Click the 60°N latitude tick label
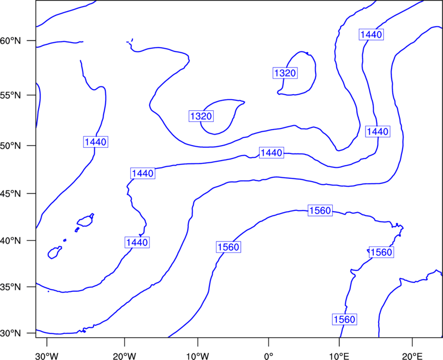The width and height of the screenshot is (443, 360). point(11,41)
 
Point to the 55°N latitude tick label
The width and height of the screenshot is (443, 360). point(11,95)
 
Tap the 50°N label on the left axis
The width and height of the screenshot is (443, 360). point(11,146)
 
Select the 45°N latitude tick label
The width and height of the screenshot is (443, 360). point(11,194)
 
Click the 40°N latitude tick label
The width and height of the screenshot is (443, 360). point(11,241)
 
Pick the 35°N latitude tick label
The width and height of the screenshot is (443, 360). point(11,287)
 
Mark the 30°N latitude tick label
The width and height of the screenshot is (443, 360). point(11,333)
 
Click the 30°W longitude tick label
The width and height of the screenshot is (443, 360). point(47,356)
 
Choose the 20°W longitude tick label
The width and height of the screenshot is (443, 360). point(125,356)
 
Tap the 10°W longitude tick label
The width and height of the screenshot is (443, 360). point(198,356)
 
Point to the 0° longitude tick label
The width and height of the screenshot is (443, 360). point(269,356)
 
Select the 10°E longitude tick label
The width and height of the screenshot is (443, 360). point(339,356)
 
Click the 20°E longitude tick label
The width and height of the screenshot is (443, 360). point(412,356)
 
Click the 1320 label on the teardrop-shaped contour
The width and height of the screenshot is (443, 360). point(201,116)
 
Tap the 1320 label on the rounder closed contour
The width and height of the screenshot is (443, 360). point(285,73)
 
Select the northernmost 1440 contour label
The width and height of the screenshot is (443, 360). point(371,34)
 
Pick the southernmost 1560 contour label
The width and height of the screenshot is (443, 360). point(344,320)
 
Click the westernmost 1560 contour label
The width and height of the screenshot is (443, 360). point(229,247)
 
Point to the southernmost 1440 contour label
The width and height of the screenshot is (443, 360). point(137,243)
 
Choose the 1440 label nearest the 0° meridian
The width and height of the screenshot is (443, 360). point(271,153)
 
